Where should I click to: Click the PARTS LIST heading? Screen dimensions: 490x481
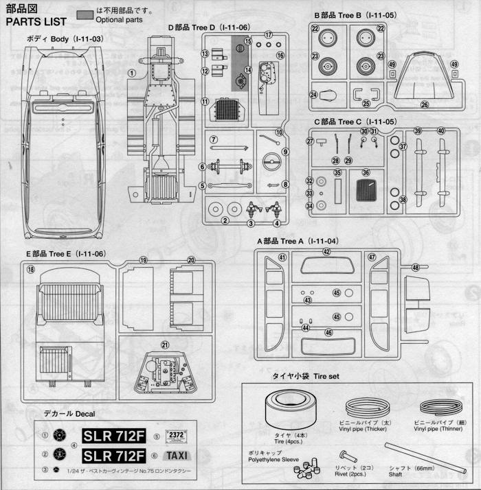(x=36, y=21)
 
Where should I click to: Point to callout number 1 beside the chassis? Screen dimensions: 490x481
(x=131, y=73)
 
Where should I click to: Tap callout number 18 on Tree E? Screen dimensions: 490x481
(x=30, y=270)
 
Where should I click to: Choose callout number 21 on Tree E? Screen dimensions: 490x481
(x=164, y=345)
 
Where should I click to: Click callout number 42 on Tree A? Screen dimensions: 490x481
(x=327, y=252)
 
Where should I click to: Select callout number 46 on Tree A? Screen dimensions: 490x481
(x=328, y=333)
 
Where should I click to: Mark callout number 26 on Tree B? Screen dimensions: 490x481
(x=424, y=105)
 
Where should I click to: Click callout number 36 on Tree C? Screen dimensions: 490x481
(x=366, y=173)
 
